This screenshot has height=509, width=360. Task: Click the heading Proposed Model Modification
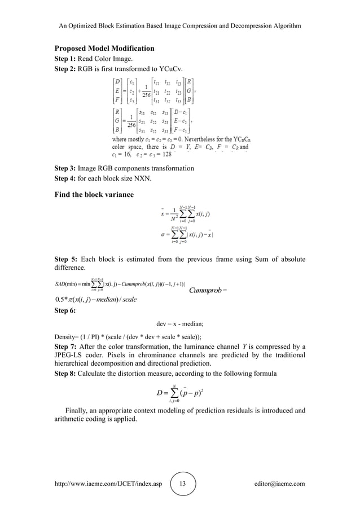click(x=104, y=49)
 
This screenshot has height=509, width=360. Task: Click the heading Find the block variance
click(x=94, y=195)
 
